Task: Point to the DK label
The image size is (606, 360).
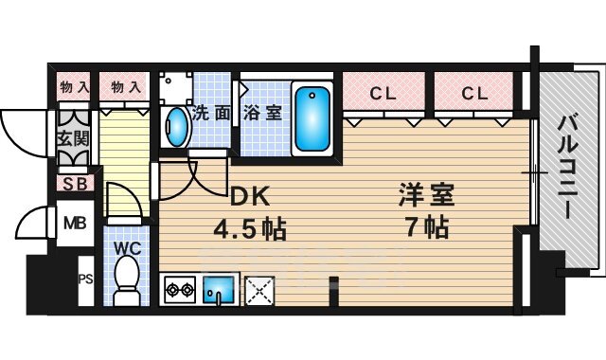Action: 252,197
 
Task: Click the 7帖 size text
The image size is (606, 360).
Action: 424,227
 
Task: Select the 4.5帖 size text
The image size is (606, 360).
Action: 249,228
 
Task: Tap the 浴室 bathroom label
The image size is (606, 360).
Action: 262,113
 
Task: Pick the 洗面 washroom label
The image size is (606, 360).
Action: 212,113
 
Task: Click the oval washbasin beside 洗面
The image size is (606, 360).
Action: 176,126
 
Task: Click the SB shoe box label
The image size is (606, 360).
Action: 72,184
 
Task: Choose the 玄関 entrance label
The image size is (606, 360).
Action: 72,139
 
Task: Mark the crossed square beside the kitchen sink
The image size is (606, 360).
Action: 258,289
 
